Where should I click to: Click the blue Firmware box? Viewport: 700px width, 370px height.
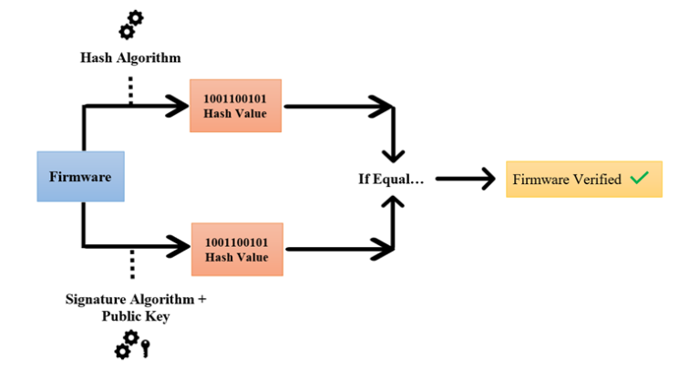[80, 176]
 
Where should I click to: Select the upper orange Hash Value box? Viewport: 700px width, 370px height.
[236, 106]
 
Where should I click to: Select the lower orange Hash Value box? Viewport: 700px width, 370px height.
[236, 249]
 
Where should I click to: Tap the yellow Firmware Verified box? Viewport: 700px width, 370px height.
[583, 180]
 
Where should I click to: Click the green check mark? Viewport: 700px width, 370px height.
[639, 179]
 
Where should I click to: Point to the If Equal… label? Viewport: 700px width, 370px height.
[391, 179]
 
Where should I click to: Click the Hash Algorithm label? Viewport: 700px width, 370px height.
[130, 57]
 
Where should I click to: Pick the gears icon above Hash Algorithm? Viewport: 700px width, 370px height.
[130, 25]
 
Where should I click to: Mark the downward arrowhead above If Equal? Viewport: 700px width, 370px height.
[393, 151]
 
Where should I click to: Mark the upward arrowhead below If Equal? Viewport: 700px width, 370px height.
[393, 206]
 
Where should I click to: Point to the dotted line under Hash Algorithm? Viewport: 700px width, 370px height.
[131, 89]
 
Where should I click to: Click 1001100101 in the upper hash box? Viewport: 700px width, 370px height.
[236, 98]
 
